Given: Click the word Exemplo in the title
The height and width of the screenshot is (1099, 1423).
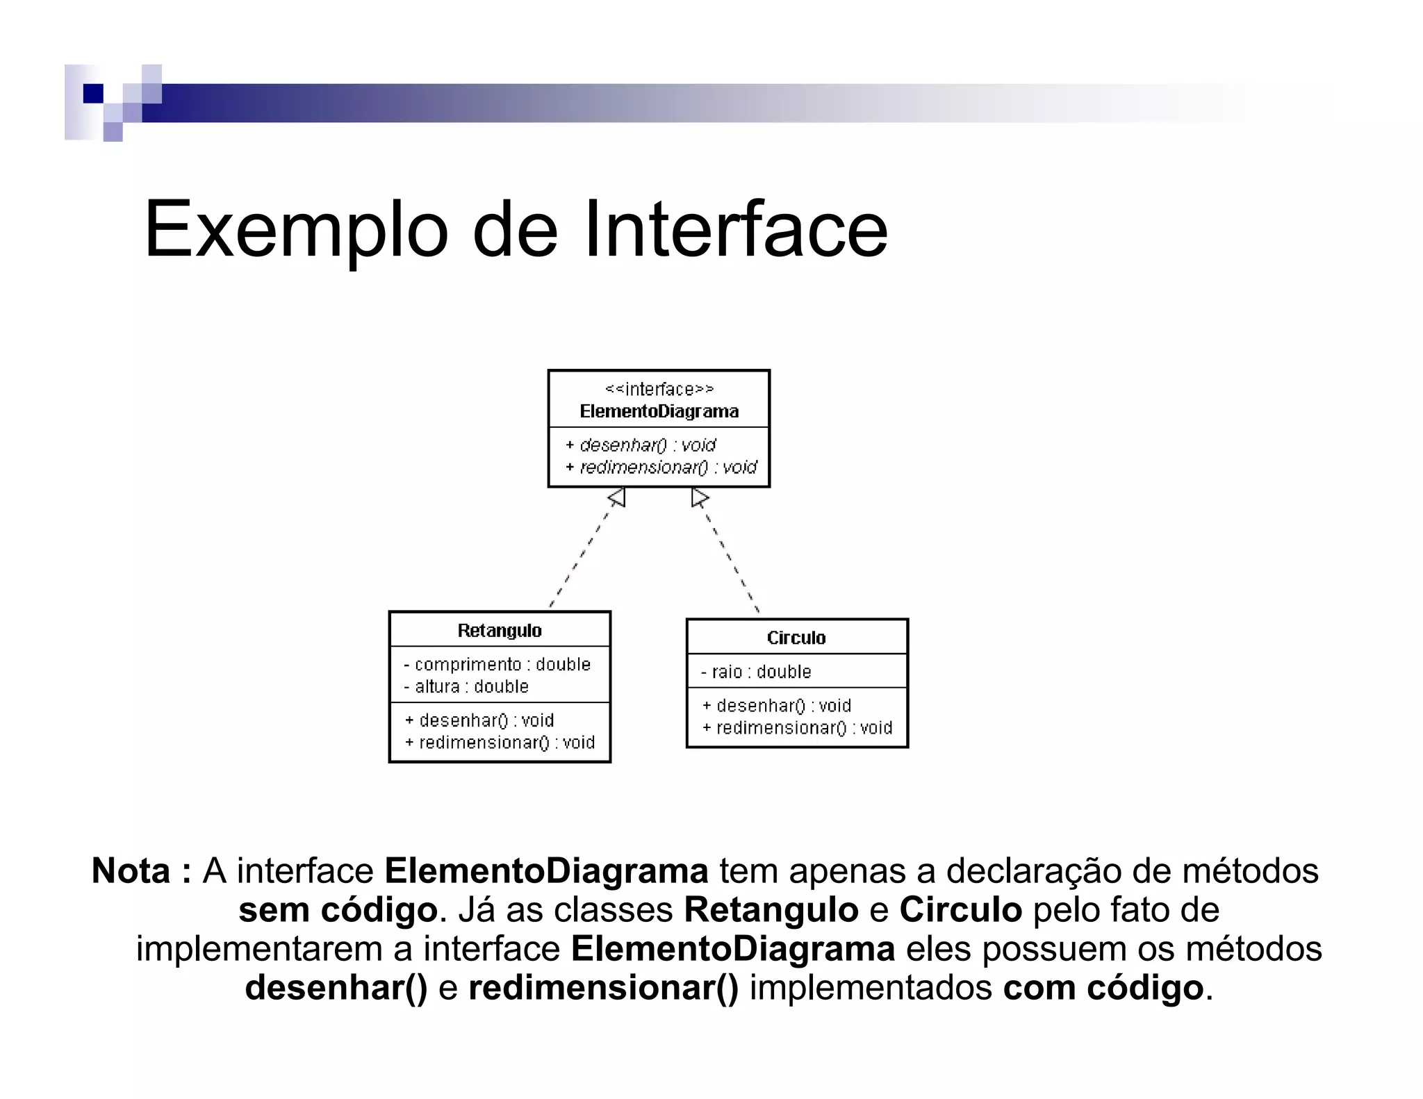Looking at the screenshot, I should (x=295, y=231).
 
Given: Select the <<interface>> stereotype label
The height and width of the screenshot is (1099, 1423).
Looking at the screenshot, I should (x=659, y=389).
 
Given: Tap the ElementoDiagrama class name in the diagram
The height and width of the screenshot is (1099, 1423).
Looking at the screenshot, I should (x=659, y=411).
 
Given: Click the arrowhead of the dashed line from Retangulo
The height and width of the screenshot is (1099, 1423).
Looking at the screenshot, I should (x=618, y=497).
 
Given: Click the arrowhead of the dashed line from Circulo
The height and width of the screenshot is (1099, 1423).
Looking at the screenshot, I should (x=699, y=497).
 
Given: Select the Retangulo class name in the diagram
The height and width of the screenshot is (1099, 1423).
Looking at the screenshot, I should (x=500, y=631).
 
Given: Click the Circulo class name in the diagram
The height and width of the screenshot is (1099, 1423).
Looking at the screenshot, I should (x=796, y=638).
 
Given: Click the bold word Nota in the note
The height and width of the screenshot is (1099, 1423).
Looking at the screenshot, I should (x=131, y=871).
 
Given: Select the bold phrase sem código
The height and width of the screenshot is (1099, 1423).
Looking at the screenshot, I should (x=338, y=911).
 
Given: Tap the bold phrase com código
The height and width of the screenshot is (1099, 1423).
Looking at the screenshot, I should (x=1103, y=989).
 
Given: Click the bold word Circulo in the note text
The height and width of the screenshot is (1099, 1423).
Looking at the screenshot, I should (x=960, y=911).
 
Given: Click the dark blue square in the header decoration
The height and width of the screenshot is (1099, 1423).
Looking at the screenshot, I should (x=92, y=93).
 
